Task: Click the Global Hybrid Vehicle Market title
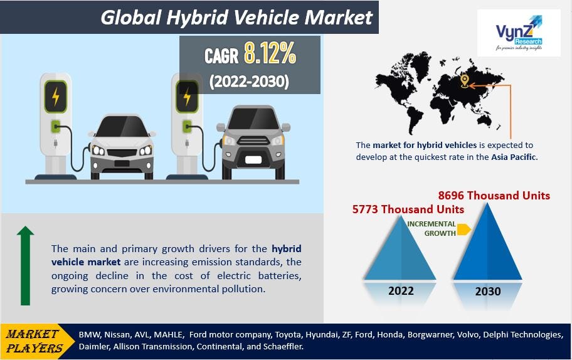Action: click(x=236, y=17)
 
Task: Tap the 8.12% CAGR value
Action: click(x=270, y=56)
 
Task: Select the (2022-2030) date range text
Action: click(x=249, y=82)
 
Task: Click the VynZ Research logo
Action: click(x=518, y=33)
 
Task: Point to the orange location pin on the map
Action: click(x=465, y=81)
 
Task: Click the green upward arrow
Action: click(x=25, y=266)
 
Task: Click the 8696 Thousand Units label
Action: click(x=494, y=196)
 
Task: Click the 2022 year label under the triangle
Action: click(x=401, y=291)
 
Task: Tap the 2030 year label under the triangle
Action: click(x=488, y=291)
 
